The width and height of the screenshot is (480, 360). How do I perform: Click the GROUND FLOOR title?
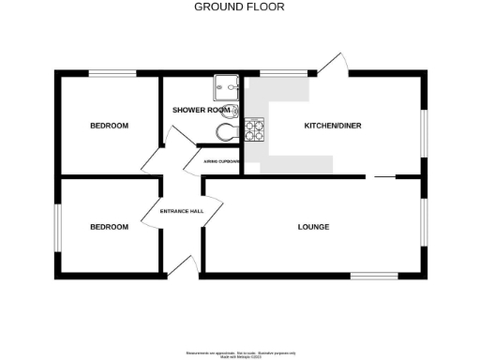pos(239,7)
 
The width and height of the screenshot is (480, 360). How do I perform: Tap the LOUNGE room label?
pos(313,226)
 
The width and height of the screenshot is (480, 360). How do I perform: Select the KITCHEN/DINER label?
pos(332,126)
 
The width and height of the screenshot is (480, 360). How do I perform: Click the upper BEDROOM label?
pos(109,126)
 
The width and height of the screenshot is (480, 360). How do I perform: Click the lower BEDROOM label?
pos(109,226)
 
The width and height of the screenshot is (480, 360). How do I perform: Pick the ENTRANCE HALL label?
pos(182,211)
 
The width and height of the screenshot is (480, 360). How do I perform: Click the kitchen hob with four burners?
pos(255,129)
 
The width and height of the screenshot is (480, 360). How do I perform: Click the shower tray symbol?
pos(226,86)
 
